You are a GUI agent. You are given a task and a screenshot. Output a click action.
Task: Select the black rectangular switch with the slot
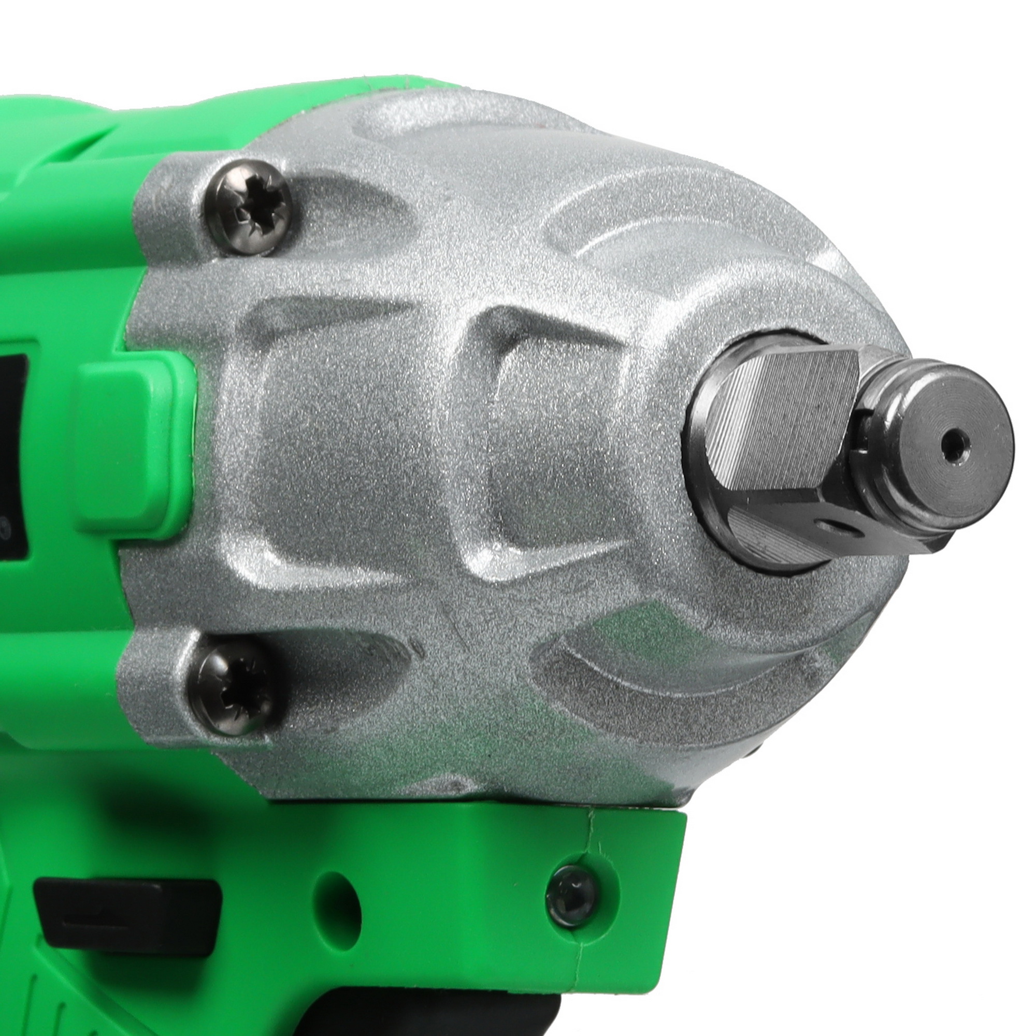click(128, 914)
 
